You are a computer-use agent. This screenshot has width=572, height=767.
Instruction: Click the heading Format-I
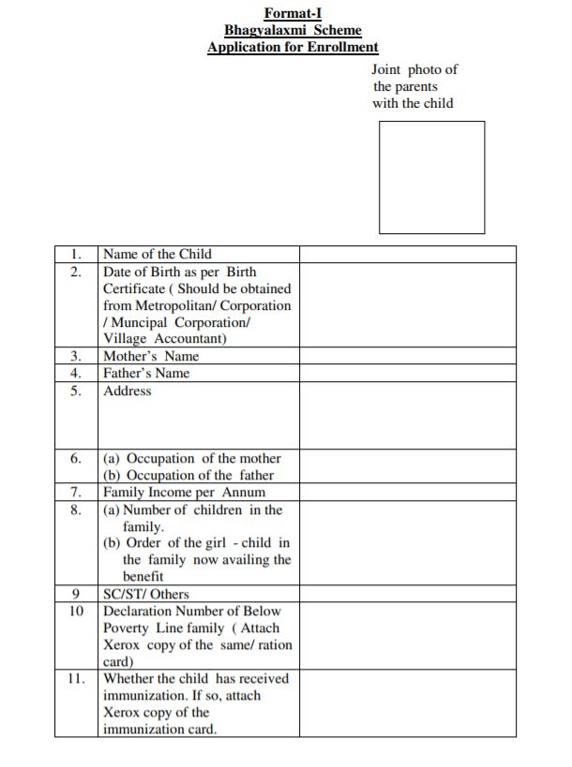point(293,13)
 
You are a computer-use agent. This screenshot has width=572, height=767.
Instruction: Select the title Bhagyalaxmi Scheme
point(293,30)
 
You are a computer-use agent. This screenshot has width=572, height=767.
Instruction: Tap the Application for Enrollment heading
point(293,47)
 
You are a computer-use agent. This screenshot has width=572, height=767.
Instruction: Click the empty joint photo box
point(431,177)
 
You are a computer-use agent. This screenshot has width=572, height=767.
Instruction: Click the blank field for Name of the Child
point(407,254)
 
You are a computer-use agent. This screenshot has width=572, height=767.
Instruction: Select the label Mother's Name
point(151,356)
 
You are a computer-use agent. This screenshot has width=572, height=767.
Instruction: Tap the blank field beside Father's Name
point(407,373)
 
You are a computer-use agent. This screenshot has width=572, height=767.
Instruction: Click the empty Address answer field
point(407,416)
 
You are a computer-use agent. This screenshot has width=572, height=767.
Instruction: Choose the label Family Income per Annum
point(184,493)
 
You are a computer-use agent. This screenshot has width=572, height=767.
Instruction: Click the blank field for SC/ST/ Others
point(407,594)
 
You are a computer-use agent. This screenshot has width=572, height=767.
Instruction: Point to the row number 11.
point(76,679)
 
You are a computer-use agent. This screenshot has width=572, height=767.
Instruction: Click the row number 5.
point(76,391)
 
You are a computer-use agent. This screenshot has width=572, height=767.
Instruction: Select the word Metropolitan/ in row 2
point(175,305)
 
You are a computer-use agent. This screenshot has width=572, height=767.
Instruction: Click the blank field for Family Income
point(407,493)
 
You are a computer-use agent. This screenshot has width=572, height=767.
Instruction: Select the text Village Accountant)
point(164,339)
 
